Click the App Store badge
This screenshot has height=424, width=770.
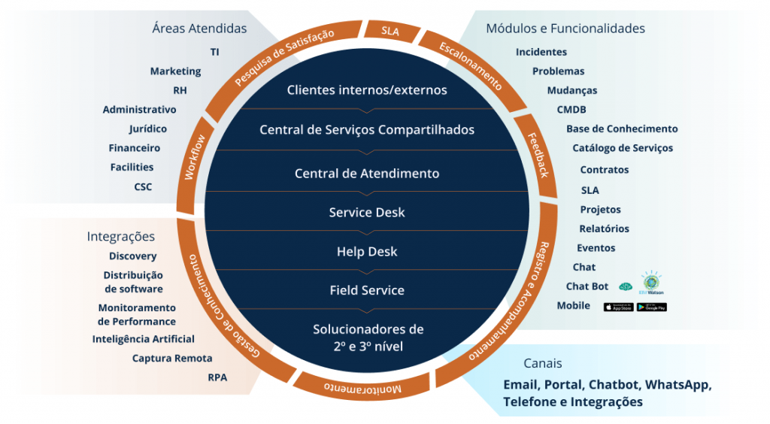[618, 307]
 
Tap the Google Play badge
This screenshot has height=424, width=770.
[652, 307]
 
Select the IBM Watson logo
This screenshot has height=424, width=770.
[651, 282]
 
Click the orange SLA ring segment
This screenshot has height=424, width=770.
[390, 31]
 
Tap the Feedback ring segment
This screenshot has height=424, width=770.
[538, 154]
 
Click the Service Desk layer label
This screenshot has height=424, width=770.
[367, 213]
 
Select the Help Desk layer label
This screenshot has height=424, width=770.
[367, 252]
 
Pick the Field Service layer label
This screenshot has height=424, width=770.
[367, 291]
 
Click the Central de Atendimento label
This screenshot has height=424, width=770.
[367, 174]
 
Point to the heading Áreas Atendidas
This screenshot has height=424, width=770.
[199, 29]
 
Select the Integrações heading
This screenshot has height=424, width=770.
[121, 237]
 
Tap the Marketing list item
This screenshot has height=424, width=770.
[175, 71]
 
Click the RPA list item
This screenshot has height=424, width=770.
[217, 377]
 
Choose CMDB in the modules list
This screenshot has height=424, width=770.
[571, 110]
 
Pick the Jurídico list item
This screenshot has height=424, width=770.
[148, 129]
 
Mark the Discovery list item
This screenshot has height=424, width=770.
[132, 256]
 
